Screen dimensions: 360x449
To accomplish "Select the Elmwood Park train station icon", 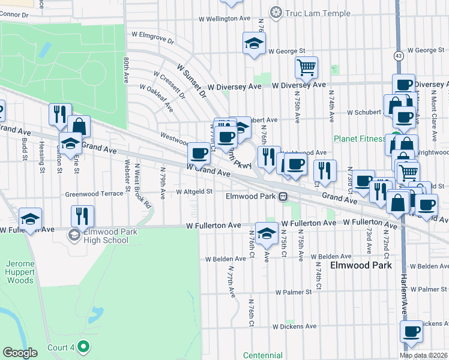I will coord(281,196).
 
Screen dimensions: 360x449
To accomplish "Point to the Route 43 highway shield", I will coord(399,56).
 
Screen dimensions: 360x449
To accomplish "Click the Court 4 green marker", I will coord(83,347).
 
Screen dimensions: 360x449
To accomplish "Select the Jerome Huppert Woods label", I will coord(20,272).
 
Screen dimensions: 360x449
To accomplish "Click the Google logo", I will coord(20,353).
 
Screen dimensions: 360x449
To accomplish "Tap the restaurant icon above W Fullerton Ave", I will coord(83,215).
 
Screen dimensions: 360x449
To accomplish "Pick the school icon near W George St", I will coord(254,43).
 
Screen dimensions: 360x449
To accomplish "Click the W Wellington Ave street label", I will coord(227,19).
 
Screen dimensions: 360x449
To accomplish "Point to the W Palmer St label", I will coord(294,292).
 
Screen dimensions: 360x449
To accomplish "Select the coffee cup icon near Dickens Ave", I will coord(412,331).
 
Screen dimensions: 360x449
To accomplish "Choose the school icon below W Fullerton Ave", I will coord(267,233).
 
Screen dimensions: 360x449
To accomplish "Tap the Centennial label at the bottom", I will coord(263,355).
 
